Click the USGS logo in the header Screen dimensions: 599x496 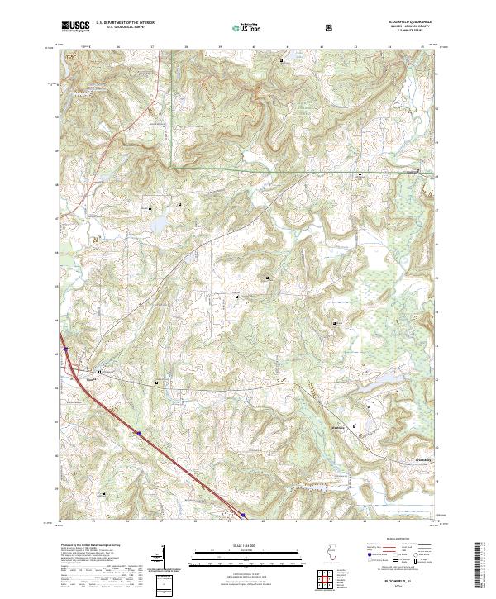pos(74,26)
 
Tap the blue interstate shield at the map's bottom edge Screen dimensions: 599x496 pos(244,517)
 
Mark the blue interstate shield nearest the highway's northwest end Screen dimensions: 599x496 pos(138,432)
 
